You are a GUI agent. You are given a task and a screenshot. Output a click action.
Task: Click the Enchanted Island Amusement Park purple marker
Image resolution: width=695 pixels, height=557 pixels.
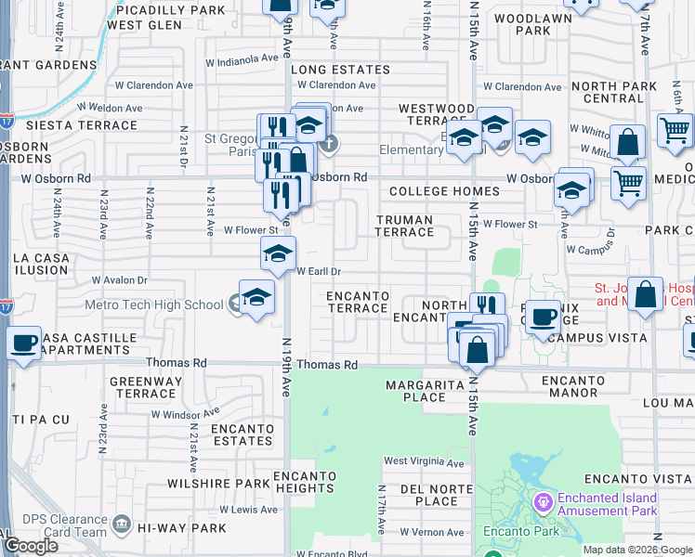[543, 502]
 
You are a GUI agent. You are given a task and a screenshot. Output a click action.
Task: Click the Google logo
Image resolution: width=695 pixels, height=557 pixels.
[31, 546]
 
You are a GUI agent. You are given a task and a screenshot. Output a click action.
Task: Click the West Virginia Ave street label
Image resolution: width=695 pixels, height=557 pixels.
[424, 462]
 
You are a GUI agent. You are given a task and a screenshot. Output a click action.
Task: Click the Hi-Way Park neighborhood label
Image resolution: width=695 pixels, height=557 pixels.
[182, 528]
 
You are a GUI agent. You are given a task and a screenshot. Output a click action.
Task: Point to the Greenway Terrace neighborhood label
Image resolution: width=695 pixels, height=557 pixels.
[141, 387]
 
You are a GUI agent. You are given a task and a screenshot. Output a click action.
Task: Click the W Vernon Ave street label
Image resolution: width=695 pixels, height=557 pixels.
[431, 532]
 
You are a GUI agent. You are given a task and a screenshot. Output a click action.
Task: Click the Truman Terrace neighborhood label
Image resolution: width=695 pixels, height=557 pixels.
[404, 226]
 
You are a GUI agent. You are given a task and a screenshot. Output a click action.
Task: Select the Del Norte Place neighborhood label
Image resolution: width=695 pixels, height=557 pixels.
[428, 495]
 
